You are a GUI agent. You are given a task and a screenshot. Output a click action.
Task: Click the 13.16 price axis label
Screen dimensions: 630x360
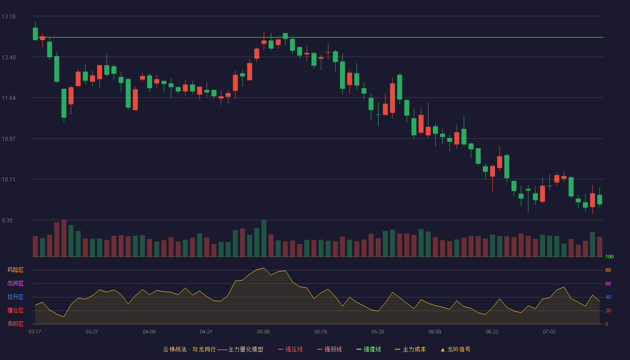tap(9, 17)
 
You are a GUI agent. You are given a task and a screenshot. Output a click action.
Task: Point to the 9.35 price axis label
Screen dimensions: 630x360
tap(7, 220)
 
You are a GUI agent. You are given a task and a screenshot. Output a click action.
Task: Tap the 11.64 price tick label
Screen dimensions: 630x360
tap(9, 98)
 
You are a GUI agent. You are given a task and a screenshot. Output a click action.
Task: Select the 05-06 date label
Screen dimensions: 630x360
tap(263, 332)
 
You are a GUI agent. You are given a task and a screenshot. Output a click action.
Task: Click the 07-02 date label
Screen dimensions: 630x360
tap(549, 332)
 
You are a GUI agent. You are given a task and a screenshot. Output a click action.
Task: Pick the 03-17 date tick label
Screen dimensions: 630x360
tap(35, 332)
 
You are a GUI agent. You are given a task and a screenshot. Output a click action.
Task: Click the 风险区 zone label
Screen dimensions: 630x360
tap(15, 270)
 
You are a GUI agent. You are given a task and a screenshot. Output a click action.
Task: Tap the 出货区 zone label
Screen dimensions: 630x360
tap(15, 283)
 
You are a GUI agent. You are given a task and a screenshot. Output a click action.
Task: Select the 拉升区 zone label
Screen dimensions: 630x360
tap(15, 297)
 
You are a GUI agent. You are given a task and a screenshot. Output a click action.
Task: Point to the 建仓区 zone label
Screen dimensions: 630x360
tap(15, 310)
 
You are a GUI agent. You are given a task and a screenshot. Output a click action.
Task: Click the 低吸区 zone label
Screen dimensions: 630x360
tap(15, 324)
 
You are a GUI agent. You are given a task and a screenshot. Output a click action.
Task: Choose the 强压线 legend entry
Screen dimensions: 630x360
tap(290, 349)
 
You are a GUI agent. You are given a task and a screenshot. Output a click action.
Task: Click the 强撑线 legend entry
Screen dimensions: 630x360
tap(369, 349)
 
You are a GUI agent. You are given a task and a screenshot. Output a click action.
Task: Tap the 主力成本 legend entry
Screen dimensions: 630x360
tap(410, 349)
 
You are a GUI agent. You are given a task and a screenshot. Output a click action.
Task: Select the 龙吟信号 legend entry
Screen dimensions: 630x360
tap(455, 349)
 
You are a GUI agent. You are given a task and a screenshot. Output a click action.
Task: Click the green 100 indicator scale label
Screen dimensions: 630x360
tap(609, 256)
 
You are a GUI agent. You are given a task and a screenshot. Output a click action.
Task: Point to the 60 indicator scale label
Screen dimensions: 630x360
tap(608, 283)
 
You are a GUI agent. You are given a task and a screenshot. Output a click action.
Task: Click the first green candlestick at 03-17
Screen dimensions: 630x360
tap(35, 34)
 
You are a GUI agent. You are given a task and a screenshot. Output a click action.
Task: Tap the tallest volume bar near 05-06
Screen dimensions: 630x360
tap(264, 238)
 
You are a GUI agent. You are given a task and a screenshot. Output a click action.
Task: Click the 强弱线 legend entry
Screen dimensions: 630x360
tap(329, 349)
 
